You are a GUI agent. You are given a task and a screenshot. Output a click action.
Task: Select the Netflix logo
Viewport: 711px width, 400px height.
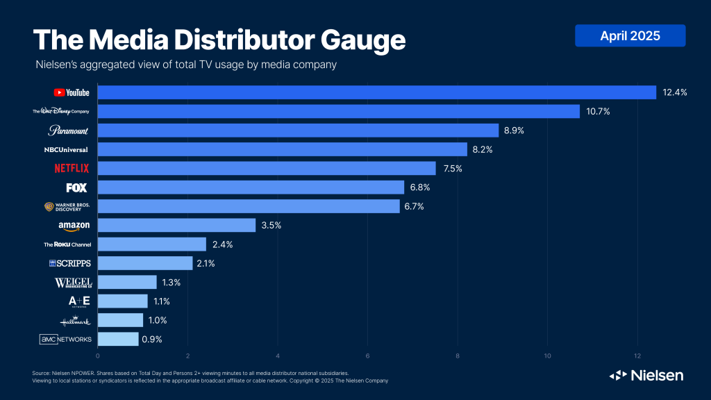72,168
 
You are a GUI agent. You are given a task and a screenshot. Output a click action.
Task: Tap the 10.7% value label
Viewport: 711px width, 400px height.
597,111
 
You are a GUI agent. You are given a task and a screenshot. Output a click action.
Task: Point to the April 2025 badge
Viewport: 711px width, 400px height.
630,35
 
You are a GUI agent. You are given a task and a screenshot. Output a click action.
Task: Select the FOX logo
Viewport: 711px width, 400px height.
76,187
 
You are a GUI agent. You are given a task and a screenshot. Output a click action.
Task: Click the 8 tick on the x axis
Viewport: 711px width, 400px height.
458,357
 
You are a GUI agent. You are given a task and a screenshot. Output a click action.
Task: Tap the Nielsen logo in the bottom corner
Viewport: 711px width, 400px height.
646,375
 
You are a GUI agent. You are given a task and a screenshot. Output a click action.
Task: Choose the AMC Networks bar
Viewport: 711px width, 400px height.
118,339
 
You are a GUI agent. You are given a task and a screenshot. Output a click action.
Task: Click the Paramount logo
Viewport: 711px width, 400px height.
69,131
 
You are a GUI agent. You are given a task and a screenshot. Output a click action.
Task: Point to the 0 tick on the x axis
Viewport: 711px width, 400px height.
98,357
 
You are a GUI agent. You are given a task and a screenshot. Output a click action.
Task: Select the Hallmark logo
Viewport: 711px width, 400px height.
75,320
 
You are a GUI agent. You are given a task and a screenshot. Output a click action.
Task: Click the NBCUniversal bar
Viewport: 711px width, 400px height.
282,149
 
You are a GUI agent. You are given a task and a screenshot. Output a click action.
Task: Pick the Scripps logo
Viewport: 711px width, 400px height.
70,263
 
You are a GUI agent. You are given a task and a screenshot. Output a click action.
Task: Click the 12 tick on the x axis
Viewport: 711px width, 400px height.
637,357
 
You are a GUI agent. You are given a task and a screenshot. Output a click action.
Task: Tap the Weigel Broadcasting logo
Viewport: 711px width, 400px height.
73,282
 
